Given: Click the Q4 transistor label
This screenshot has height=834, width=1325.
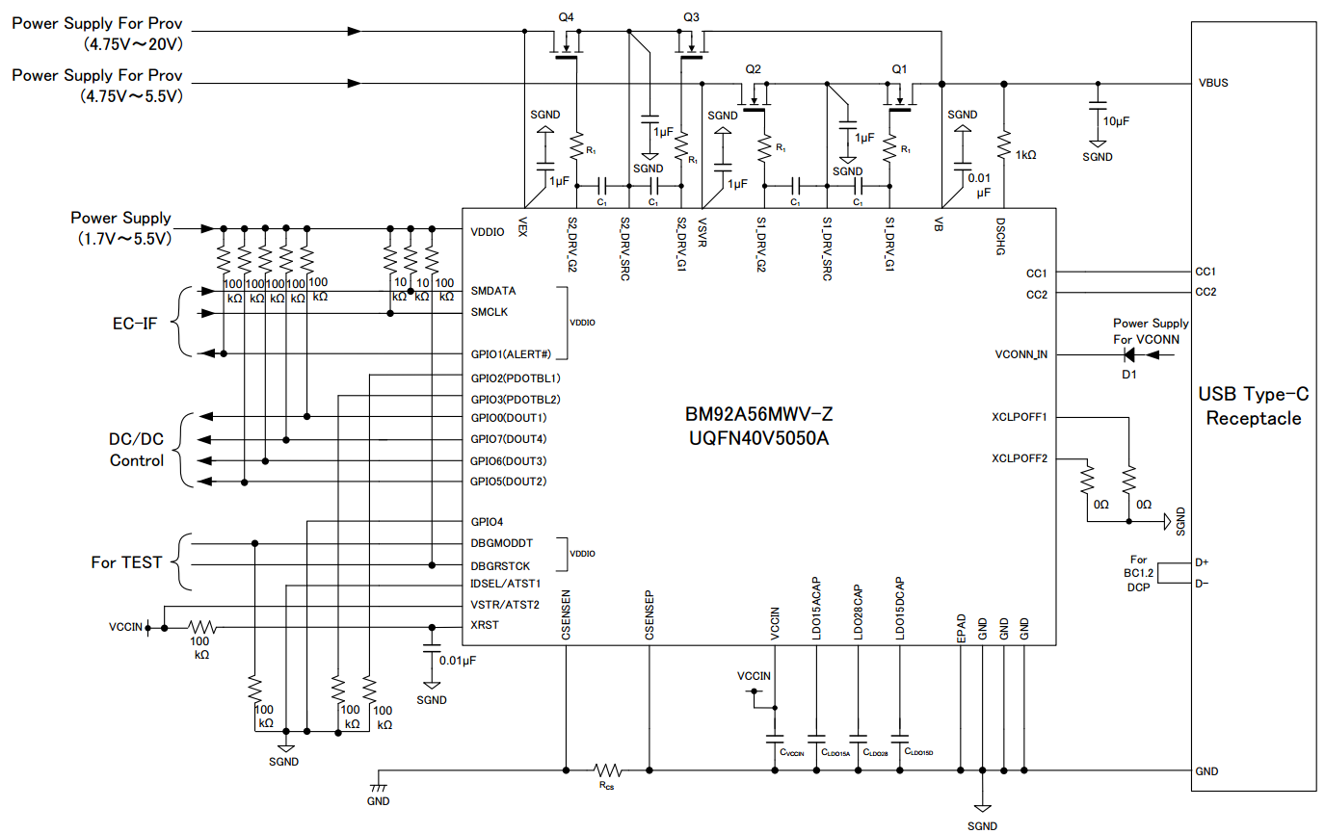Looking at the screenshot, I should coord(566,17).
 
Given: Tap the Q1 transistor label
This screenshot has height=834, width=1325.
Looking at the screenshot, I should coord(900,69).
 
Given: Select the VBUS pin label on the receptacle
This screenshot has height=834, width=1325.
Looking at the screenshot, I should coord(1212,83).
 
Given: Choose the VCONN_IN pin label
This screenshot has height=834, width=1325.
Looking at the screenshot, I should coord(1020,354).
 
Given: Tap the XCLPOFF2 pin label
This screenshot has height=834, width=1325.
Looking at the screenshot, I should coord(1020,458).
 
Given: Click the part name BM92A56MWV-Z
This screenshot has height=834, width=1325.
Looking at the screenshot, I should coord(752,416).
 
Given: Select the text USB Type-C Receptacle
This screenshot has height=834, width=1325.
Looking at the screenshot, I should coord(1254,405).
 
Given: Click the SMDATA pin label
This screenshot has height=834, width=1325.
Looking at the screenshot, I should coord(494,291).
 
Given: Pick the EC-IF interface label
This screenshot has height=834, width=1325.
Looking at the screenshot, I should coord(135,323).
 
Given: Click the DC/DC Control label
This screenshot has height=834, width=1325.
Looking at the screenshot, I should coord(137,450).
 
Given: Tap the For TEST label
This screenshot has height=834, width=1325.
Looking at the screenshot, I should coord(126,562).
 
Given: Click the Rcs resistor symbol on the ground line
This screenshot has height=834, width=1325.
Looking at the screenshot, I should coord(607,770).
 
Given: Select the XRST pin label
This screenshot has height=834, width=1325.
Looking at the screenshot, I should coord(485,626).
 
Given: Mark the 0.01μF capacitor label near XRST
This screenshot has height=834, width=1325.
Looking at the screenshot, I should coord(457,660).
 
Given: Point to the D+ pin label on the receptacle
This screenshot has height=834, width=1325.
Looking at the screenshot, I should coord(1202,561).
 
